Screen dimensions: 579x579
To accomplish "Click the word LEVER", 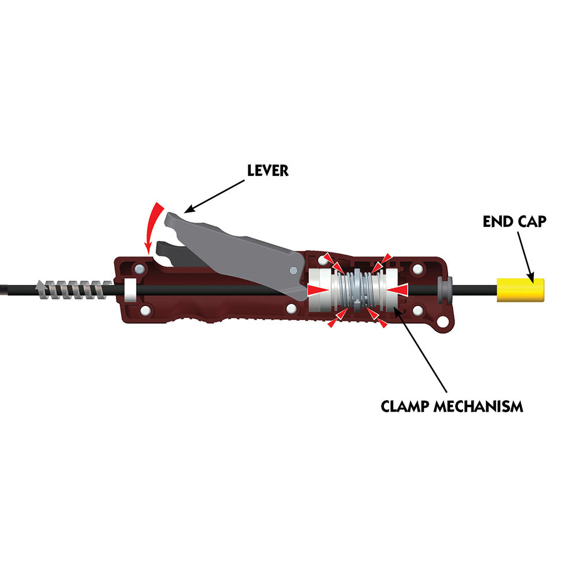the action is (x=267, y=171).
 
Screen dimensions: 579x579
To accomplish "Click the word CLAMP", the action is (x=405, y=406).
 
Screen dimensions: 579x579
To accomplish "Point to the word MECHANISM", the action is (x=478, y=406).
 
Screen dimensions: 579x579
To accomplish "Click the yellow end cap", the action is (x=521, y=290).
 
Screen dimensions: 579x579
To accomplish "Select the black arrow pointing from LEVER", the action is (x=214, y=196).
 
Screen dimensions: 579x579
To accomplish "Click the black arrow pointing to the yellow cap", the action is (x=526, y=258).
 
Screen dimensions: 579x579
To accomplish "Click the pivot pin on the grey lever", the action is (x=293, y=270).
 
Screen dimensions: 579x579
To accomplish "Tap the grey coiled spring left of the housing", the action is (x=74, y=289).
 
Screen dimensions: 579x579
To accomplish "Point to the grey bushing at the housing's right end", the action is (x=444, y=290).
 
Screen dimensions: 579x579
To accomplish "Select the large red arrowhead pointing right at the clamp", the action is (x=317, y=290).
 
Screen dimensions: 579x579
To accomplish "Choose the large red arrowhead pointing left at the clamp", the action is (x=398, y=290).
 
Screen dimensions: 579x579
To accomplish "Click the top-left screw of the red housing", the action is (x=140, y=268).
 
